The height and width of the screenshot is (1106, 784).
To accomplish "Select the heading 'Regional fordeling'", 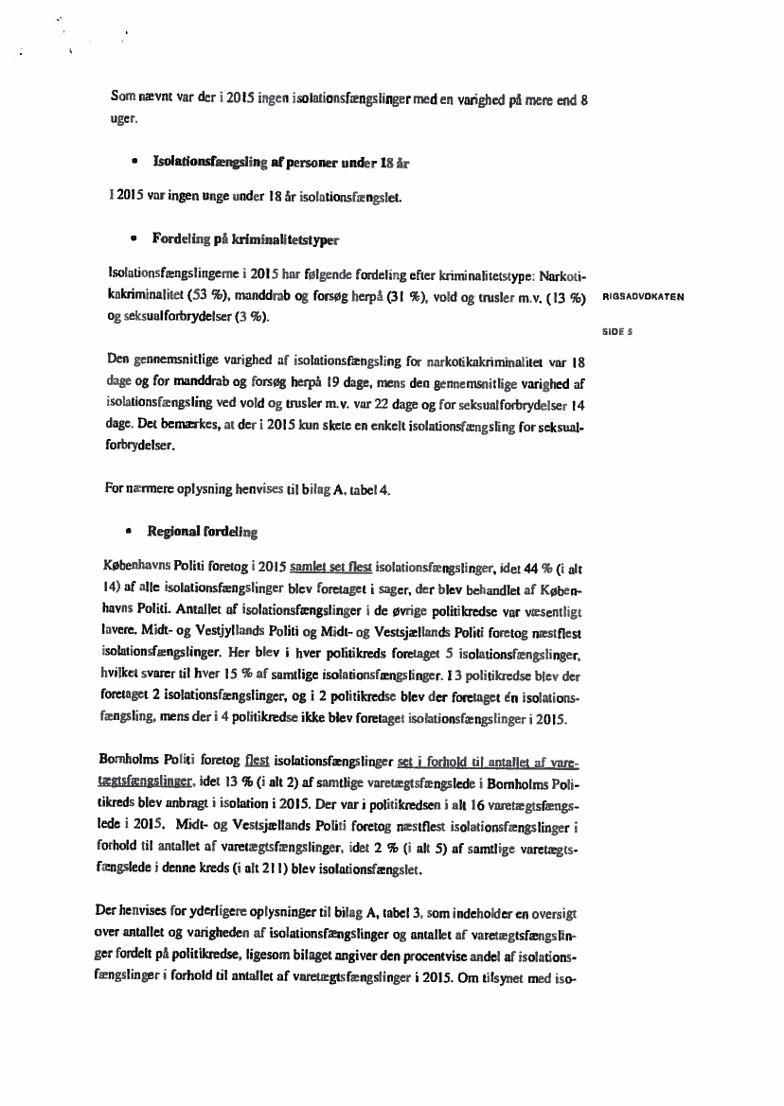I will click(202, 532).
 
